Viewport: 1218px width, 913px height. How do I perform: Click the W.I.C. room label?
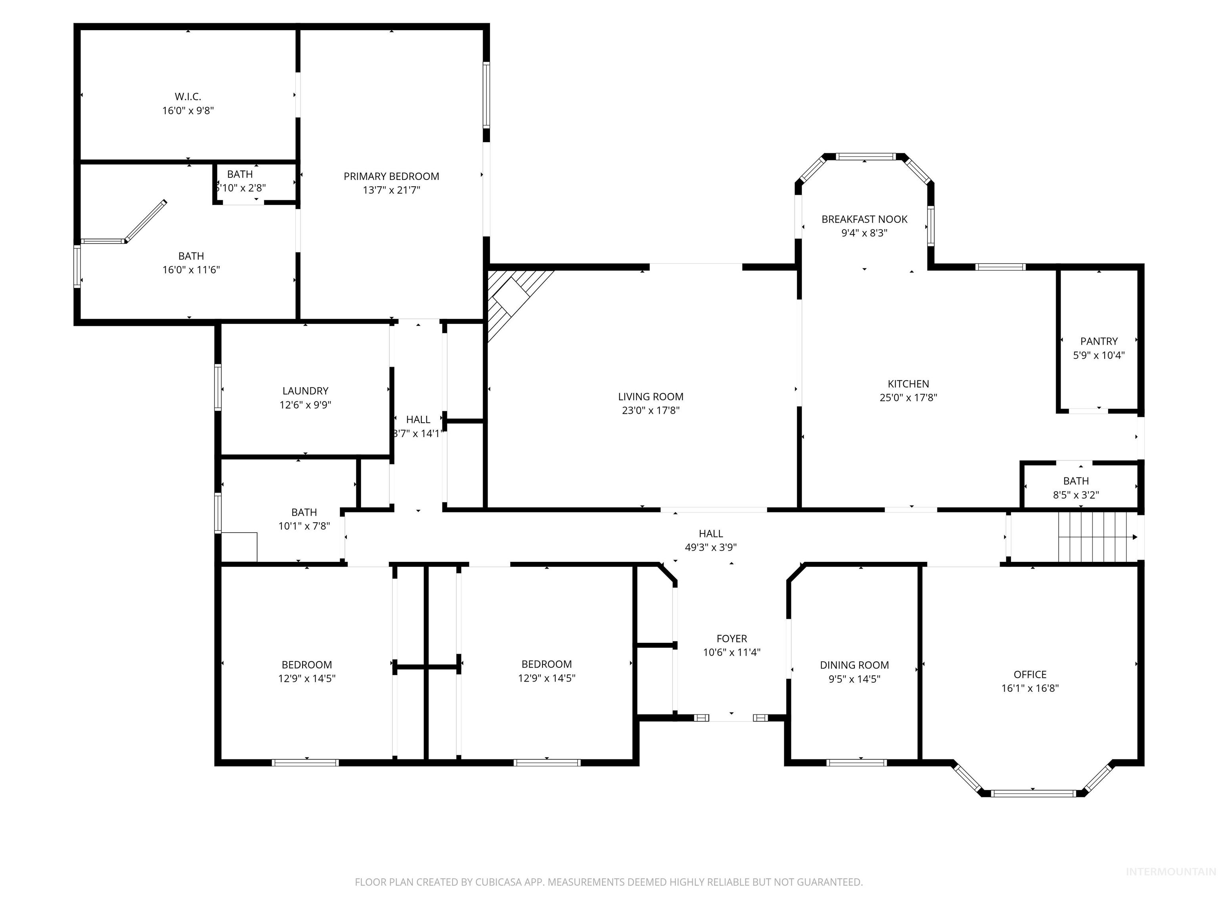188,97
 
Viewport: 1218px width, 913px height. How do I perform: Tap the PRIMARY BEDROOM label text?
391,176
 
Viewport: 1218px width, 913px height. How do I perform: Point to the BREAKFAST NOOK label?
864,219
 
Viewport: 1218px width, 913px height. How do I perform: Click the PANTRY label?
1099,341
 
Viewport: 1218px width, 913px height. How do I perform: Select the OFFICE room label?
1030,674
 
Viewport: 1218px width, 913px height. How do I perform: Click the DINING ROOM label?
854,665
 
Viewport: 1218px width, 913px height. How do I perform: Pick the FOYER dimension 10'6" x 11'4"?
731,653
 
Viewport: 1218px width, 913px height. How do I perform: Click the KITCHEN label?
908,384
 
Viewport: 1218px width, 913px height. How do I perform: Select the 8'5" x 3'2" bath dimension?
1075,495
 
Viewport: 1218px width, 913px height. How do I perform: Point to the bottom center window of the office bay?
1032,793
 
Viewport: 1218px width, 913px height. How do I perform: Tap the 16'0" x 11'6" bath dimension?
191,270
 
